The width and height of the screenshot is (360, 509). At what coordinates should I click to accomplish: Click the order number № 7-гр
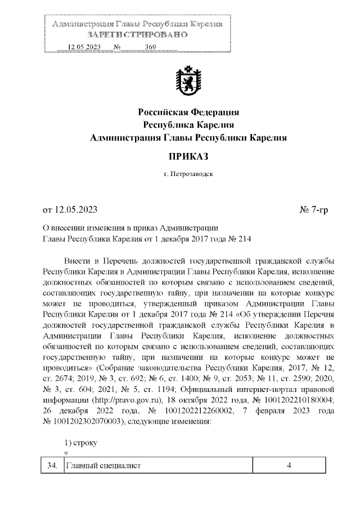(314, 210)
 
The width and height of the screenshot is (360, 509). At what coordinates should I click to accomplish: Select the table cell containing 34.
(52, 465)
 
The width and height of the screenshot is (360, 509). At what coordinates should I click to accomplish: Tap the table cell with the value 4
(288, 465)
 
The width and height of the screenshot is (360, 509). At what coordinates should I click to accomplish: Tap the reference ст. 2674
(56, 378)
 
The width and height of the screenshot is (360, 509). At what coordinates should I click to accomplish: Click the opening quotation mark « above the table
(66, 453)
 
